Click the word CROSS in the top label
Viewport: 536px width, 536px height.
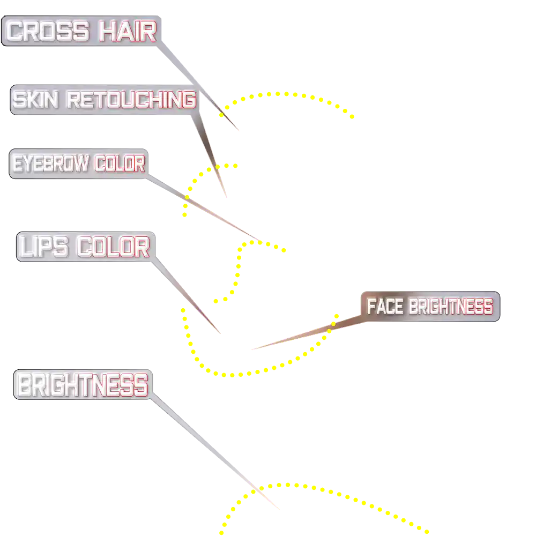click(x=48, y=32)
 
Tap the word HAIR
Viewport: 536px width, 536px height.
click(x=128, y=32)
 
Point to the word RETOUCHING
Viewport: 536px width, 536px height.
click(x=131, y=100)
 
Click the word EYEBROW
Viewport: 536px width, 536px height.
click(x=51, y=164)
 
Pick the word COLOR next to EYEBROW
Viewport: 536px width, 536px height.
click(x=120, y=164)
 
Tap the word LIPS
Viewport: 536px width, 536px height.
click(x=45, y=247)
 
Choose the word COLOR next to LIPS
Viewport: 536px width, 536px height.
click(x=113, y=247)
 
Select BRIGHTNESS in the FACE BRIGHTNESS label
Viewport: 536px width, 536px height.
click(x=451, y=307)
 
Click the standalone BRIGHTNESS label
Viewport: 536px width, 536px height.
click(x=82, y=385)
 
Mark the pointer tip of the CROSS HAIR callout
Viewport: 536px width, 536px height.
click(x=239, y=131)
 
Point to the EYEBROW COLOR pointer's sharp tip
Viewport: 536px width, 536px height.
click(x=264, y=243)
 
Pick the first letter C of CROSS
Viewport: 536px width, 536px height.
click(x=17, y=32)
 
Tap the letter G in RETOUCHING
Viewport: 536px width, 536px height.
click(x=187, y=100)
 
